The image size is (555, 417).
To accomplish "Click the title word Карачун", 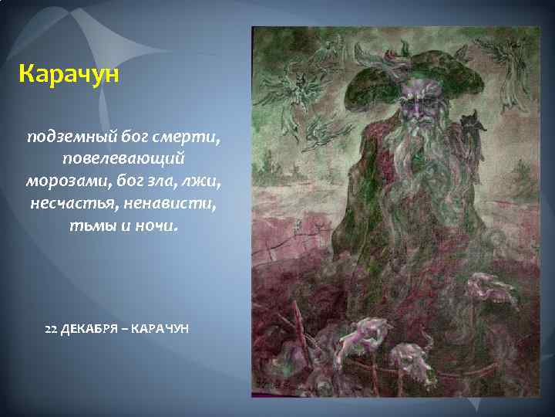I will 66,75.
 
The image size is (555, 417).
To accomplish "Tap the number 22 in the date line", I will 52,329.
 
